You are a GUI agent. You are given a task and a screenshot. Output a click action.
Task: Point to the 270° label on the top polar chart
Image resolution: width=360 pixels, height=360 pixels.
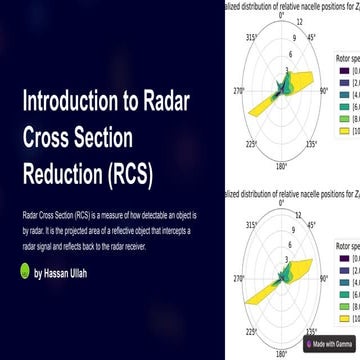[x=238, y=89]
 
